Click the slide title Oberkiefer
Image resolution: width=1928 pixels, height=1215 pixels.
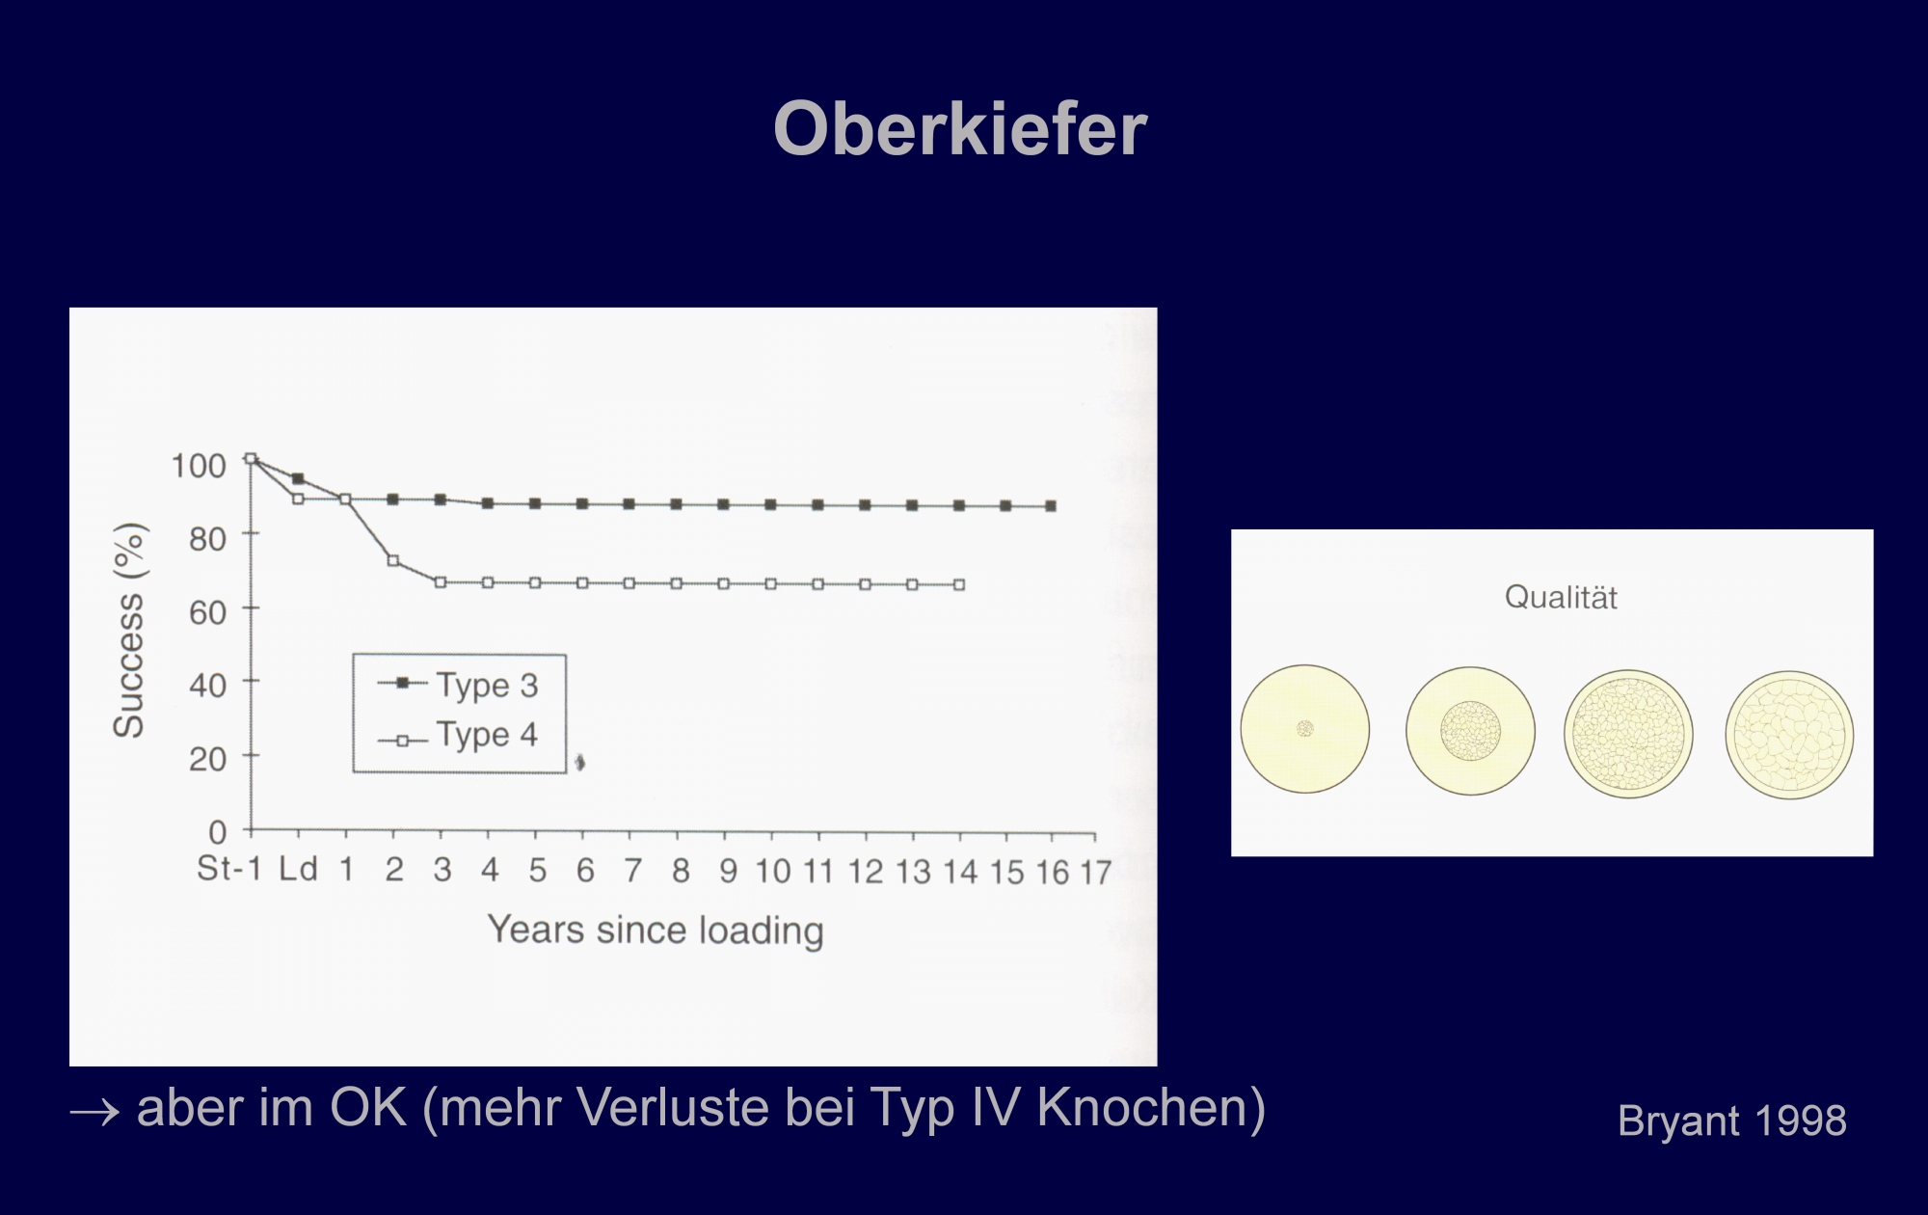pyautogui.click(x=960, y=129)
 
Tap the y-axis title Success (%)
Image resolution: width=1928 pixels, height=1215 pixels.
pyautogui.click(x=129, y=631)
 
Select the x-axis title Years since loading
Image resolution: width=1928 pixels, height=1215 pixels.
pyautogui.click(x=656, y=930)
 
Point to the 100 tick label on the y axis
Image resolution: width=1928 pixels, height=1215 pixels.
pyautogui.click(x=199, y=466)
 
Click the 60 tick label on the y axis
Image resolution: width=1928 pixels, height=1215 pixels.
pyautogui.click(x=208, y=612)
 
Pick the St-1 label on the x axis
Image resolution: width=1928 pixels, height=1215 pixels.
pyautogui.click(x=229, y=869)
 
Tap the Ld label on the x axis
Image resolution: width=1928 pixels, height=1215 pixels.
pyautogui.click(x=299, y=869)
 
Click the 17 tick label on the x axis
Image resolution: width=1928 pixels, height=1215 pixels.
pyautogui.click(x=1095, y=873)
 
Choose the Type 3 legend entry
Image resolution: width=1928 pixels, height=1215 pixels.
pyautogui.click(x=458, y=685)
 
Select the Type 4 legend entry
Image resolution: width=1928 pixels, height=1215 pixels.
pyautogui.click(x=458, y=736)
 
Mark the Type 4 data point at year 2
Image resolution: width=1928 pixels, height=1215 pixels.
pyautogui.click(x=393, y=560)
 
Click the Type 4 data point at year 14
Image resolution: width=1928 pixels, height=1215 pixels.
pyautogui.click(x=959, y=584)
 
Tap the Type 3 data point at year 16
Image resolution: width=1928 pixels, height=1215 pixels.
pyautogui.click(x=1052, y=506)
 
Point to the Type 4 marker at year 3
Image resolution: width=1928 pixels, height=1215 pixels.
pyautogui.click(x=441, y=582)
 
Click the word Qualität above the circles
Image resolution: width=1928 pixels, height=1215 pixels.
pyautogui.click(x=1561, y=598)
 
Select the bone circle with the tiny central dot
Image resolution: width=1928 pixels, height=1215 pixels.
pyautogui.click(x=1305, y=729)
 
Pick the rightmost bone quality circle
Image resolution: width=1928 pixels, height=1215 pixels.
pyautogui.click(x=1789, y=735)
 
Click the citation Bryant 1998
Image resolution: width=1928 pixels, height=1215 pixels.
pyautogui.click(x=1732, y=1121)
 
